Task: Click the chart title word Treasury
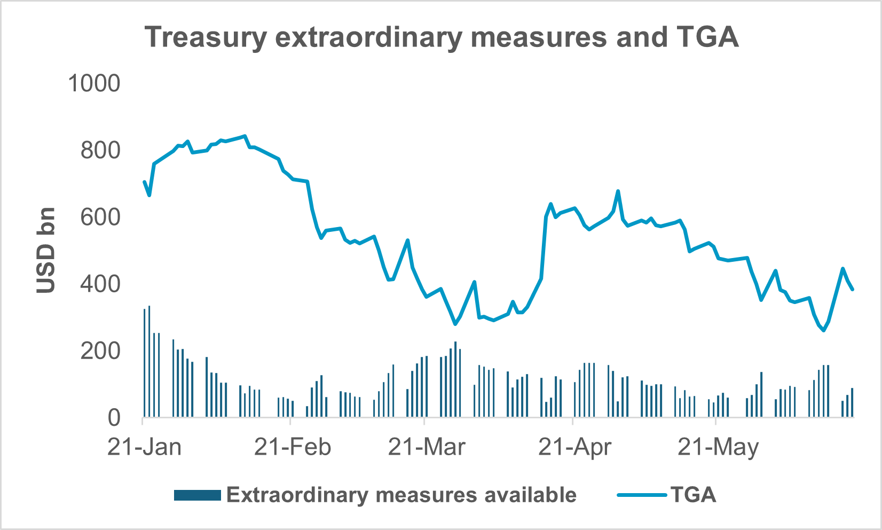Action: point(206,37)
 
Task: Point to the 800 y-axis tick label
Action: point(100,151)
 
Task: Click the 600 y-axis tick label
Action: point(100,217)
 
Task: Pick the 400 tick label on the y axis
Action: point(100,284)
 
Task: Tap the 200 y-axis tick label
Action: point(100,351)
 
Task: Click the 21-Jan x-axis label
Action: point(144,447)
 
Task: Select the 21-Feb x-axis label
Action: point(292,447)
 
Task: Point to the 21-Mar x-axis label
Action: point(426,447)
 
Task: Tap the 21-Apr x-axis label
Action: point(574,447)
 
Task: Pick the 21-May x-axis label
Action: point(718,447)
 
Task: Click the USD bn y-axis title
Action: point(46,250)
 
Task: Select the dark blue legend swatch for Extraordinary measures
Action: point(197,495)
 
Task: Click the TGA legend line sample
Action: point(641,495)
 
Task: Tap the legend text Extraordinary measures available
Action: point(401,495)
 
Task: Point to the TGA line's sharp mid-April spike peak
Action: point(618,191)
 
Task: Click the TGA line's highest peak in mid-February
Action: point(245,136)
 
